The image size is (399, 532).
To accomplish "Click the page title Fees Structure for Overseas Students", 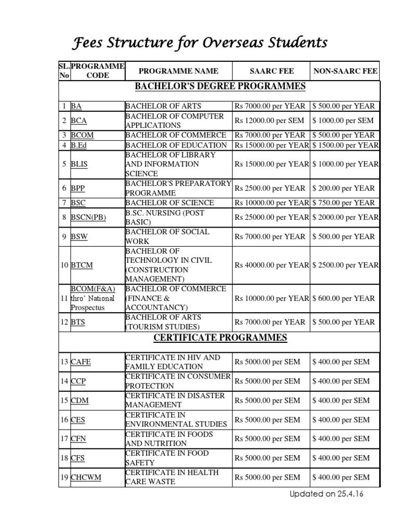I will coord(199,43).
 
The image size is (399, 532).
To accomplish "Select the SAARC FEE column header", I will coord(272,71).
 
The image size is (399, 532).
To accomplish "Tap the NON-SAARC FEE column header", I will coord(345,71).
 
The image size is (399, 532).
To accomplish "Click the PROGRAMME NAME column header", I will coord(178,71).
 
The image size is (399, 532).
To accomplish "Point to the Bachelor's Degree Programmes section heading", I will coord(220,86).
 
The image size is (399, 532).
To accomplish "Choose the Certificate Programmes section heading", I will coord(220,338).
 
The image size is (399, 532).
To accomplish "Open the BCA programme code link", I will coord(79,121).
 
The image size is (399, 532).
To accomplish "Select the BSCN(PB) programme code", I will coord(88,217).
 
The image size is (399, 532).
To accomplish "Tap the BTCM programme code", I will coord(82,265).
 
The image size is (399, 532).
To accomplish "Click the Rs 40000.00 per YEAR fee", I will coord(272,265).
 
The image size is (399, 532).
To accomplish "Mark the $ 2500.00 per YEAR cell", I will coord(345,265).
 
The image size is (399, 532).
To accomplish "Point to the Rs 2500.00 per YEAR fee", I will coord(270,188).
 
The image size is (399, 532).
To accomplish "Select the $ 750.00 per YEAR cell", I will coord(343,203).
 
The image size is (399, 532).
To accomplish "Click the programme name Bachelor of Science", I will coord(169,203).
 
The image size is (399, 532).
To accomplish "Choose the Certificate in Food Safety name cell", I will coord(167,458).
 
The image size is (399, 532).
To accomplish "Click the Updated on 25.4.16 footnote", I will coord(326,494).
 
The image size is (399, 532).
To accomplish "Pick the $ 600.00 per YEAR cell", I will coord(343,298).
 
